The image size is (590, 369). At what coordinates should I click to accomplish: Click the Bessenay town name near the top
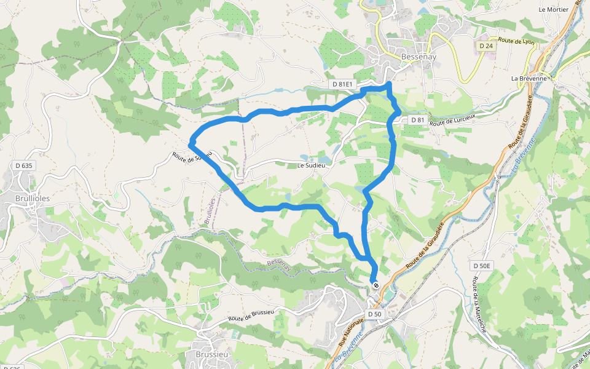[419, 57]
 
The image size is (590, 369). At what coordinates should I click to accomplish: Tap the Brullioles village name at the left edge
[32, 199]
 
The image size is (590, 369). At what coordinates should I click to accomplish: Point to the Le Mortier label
[551, 9]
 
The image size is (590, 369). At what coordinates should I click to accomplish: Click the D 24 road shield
[486, 46]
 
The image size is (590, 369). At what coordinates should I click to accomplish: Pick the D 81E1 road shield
[342, 84]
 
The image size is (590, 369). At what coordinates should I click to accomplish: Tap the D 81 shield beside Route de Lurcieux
[417, 119]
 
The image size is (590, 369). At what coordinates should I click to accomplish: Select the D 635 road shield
[23, 165]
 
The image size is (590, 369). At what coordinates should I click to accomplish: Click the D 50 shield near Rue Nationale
[375, 314]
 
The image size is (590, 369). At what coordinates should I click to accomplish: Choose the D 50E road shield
[482, 266]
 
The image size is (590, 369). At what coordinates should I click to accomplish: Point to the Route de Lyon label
[516, 41]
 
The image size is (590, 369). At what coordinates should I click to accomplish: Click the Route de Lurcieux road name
[454, 123]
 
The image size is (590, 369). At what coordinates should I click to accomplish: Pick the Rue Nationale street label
[351, 331]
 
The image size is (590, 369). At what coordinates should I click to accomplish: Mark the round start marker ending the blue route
[375, 285]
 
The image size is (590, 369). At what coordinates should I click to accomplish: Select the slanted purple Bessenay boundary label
[279, 264]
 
